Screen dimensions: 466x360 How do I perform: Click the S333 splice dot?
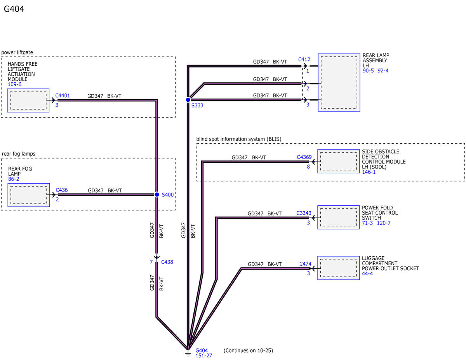click(188, 100)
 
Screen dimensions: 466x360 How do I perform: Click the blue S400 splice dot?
click(157, 195)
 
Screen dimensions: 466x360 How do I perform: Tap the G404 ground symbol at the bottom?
click(188, 353)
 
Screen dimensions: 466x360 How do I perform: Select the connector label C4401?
click(63, 96)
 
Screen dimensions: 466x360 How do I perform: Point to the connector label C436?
click(62, 190)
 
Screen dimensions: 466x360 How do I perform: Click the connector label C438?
click(167, 262)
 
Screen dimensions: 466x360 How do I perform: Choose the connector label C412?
click(304, 59)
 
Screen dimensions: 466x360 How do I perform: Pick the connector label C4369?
click(304, 157)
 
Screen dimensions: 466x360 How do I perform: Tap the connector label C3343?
click(304, 213)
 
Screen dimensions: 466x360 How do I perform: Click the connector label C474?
click(305, 264)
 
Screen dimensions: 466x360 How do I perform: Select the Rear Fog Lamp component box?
click(29, 195)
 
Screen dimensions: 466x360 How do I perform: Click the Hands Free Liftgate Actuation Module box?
click(28, 100)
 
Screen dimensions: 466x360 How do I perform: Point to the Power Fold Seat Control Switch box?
click(338, 217)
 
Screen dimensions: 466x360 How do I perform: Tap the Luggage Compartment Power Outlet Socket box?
click(338, 268)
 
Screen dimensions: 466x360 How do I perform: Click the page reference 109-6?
click(15, 84)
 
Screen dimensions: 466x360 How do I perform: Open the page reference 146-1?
click(369, 172)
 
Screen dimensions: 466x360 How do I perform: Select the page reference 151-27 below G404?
click(203, 355)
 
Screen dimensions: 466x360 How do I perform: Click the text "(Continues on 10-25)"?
click(248, 350)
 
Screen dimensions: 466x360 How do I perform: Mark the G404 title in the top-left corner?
click(14, 9)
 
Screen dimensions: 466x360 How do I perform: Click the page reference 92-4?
click(383, 71)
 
